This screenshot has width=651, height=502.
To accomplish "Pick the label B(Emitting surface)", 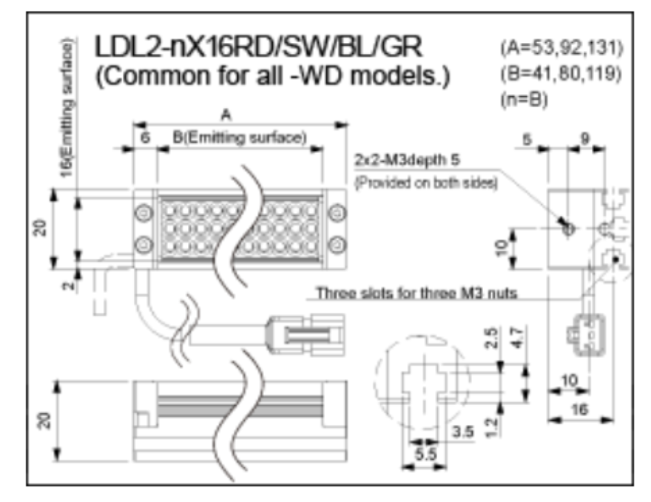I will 239,138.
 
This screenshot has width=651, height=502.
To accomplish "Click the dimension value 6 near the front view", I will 145,138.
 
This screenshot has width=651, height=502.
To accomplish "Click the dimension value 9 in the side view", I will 584,138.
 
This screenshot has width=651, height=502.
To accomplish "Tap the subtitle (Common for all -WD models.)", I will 272,77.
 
